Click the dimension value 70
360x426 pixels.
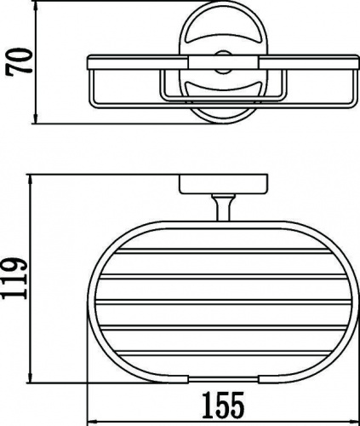coord(20,61)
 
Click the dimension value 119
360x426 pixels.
coord(14,278)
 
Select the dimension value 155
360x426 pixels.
coord(223,405)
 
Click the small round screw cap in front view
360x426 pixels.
coord(223,61)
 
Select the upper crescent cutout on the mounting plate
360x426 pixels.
coord(223,39)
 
